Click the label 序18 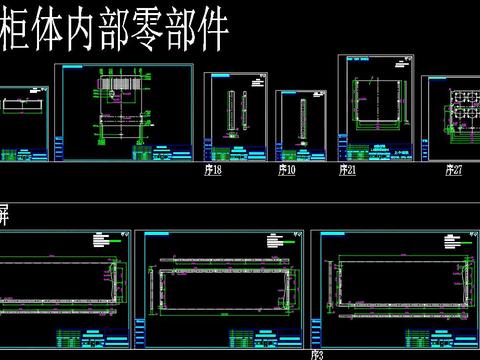[212, 170]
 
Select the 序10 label [286, 170]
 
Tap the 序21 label [347, 170]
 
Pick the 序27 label [452, 170]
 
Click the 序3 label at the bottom [318, 354]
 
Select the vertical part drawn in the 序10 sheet [299, 119]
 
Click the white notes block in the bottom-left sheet [100, 241]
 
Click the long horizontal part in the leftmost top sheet [22, 103]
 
